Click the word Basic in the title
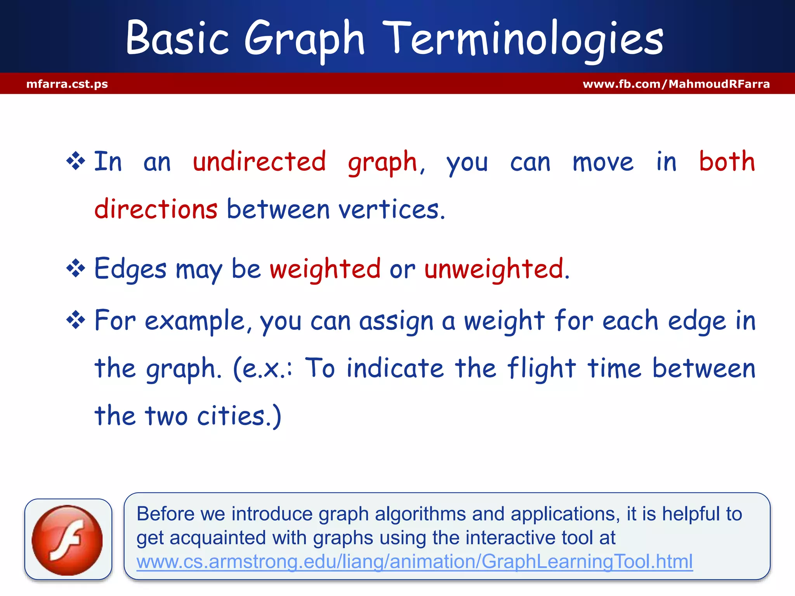pos(177,39)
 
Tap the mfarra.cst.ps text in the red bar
pos(67,84)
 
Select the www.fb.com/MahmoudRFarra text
pos(676,84)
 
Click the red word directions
pos(156,209)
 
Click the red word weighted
pos(325,269)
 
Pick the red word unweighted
pos(494,269)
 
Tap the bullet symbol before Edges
pos(76,269)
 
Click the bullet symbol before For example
pos(76,321)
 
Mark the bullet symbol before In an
pos(76,161)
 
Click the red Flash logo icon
pos(68,540)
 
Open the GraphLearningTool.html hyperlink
pos(414,561)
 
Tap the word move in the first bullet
pos(603,162)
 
